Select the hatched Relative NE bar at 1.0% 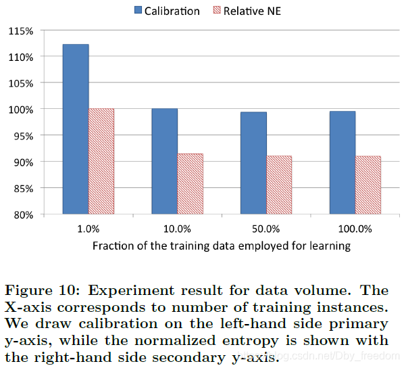[101, 161]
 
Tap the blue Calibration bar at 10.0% [164, 161]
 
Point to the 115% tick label [22, 31]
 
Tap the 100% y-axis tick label [22, 110]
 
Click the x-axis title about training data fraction [222, 246]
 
